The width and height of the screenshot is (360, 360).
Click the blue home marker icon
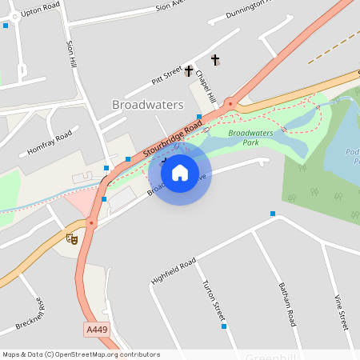click(180, 172)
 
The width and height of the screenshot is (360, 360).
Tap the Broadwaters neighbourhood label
click(148, 105)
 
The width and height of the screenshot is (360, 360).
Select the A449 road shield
click(95, 329)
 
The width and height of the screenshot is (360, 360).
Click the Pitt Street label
click(167, 77)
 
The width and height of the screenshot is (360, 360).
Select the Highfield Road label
click(173, 273)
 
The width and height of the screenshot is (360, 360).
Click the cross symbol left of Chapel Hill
click(189, 71)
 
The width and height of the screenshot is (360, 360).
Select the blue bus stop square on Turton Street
click(223, 326)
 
